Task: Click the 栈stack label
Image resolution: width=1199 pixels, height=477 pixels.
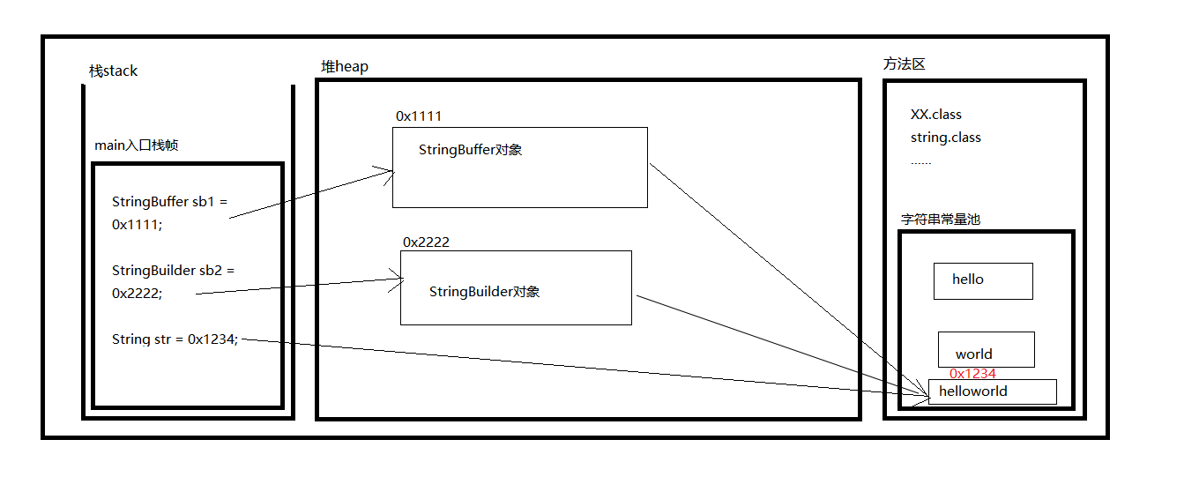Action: (x=113, y=71)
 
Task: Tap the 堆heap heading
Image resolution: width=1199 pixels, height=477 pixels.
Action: (x=345, y=67)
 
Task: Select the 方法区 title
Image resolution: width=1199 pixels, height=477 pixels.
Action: (x=904, y=64)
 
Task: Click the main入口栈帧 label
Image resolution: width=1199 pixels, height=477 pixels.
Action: (x=136, y=145)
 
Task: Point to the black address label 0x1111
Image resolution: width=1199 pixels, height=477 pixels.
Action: (x=419, y=116)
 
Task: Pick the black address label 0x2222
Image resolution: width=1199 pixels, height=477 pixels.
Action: (x=426, y=242)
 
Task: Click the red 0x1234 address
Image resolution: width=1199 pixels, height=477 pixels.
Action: (x=972, y=374)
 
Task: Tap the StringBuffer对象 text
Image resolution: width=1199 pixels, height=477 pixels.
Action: (x=470, y=150)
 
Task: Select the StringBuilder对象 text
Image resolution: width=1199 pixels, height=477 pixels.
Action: (x=484, y=292)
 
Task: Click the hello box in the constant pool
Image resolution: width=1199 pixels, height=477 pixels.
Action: (x=983, y=281)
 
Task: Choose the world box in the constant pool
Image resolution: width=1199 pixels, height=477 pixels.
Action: (x=986, y=350)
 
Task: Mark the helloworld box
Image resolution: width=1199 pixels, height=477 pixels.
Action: (x=992, y=391)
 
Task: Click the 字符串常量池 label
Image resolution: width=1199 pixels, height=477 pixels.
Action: (x=940, y=220)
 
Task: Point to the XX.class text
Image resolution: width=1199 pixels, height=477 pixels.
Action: (x=936, y=115)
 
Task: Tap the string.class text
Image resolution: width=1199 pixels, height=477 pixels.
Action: (x=946, y=138)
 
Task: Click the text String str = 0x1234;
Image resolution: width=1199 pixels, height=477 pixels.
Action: (x=175, y=339)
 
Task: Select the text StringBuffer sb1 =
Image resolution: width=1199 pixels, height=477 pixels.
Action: (x=169, y=202)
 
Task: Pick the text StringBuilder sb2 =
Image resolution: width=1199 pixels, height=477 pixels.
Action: (x=173, y=271)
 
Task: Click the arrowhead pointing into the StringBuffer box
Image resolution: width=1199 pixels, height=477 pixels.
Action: (x=388, y=171)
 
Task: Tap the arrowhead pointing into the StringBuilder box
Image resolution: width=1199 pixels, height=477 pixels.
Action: (x=397, y=281)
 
